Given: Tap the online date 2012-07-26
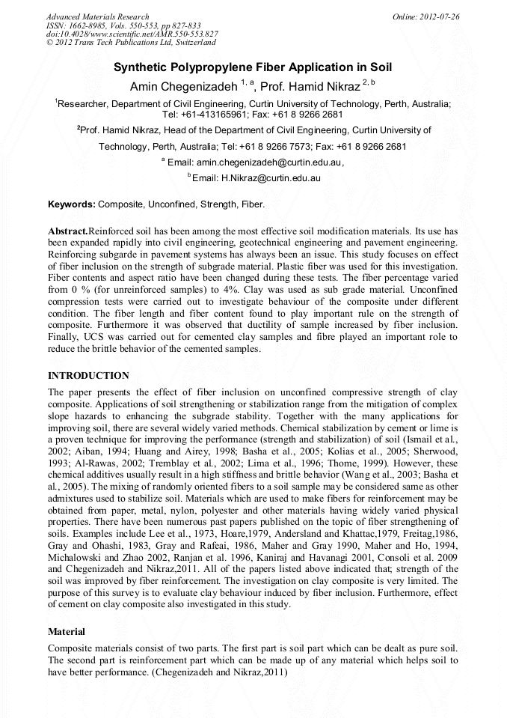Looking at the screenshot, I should point(436,16).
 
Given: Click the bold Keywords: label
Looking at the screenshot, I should point(72,204).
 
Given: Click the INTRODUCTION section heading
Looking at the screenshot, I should point(88,376).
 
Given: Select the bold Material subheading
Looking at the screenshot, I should point(67,632).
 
